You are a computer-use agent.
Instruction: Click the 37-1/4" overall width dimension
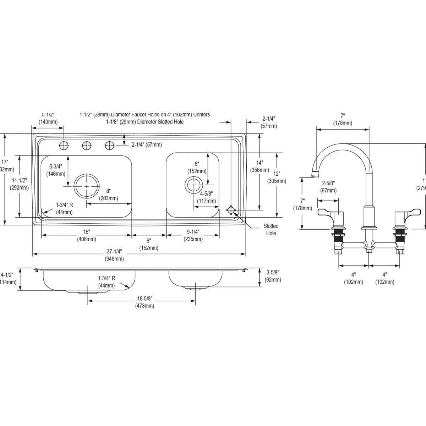coord(114,255)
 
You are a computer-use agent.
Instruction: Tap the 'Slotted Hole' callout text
coord(271,229)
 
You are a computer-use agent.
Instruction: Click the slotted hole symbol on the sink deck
coord(231,210)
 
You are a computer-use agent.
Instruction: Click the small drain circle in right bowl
coord(194,185)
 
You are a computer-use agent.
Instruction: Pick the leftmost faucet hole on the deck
coord(64,145)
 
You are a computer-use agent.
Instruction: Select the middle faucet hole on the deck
coord(87,145)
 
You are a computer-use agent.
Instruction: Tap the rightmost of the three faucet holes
coord(110,145)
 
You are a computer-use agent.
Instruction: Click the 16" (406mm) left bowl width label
coord(87,235)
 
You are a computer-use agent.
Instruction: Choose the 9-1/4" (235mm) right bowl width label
coord(193,235)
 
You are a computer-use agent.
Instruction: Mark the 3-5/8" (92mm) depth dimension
coord(273,276)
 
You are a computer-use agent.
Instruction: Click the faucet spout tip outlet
coord(315,174)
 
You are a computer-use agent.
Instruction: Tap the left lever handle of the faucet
coord(327,213)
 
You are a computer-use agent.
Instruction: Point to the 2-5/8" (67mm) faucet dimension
coord(329,187)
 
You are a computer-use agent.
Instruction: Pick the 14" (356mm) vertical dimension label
coord(260,166)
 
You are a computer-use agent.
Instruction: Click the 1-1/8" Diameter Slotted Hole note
coord(144,122)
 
